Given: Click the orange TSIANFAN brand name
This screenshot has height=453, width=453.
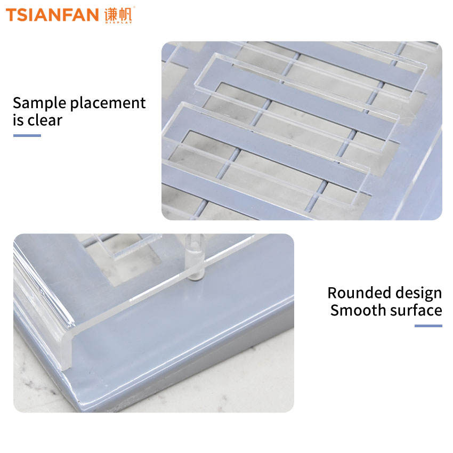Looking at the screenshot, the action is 52,15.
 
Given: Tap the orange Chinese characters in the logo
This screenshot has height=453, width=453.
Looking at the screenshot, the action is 118,14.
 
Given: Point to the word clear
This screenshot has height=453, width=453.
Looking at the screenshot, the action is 45,120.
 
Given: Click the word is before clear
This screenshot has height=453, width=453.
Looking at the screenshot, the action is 18,120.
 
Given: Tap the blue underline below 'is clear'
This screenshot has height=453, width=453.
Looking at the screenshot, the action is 27,135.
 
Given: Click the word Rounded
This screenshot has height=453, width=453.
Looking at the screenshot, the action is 359,293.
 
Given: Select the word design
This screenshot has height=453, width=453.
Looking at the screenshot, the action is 418,294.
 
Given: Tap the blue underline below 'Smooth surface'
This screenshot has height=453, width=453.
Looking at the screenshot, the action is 428,326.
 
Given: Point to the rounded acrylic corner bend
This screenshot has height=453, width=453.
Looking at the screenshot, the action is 67,347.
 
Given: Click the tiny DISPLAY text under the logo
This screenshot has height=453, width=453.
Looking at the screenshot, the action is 118,22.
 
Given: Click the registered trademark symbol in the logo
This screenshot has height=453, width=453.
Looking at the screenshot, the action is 134,7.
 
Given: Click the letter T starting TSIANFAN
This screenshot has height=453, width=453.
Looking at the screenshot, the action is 12,15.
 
